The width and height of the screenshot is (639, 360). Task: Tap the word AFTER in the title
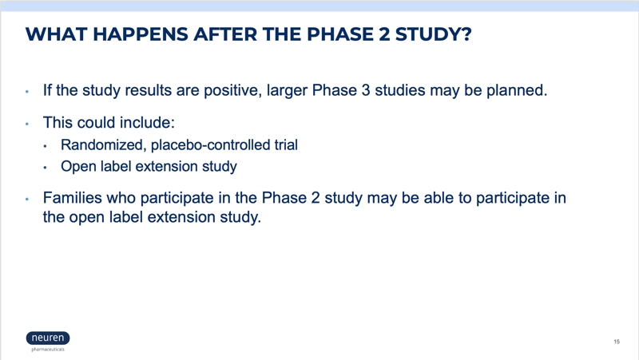click(225, 34)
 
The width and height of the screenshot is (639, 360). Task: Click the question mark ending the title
click(466, 34)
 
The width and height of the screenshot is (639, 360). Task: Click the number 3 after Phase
click(366, 90)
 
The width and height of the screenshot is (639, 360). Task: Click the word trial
click(286, 145)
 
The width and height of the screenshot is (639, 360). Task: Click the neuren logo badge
click(48, 338)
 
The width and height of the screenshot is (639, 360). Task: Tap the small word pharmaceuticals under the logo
click(48, 350)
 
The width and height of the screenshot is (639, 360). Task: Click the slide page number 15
click(617, 342)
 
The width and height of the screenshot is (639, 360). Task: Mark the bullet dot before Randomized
click(46, 146)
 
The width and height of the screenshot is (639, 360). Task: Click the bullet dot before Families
click(27, 199)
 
